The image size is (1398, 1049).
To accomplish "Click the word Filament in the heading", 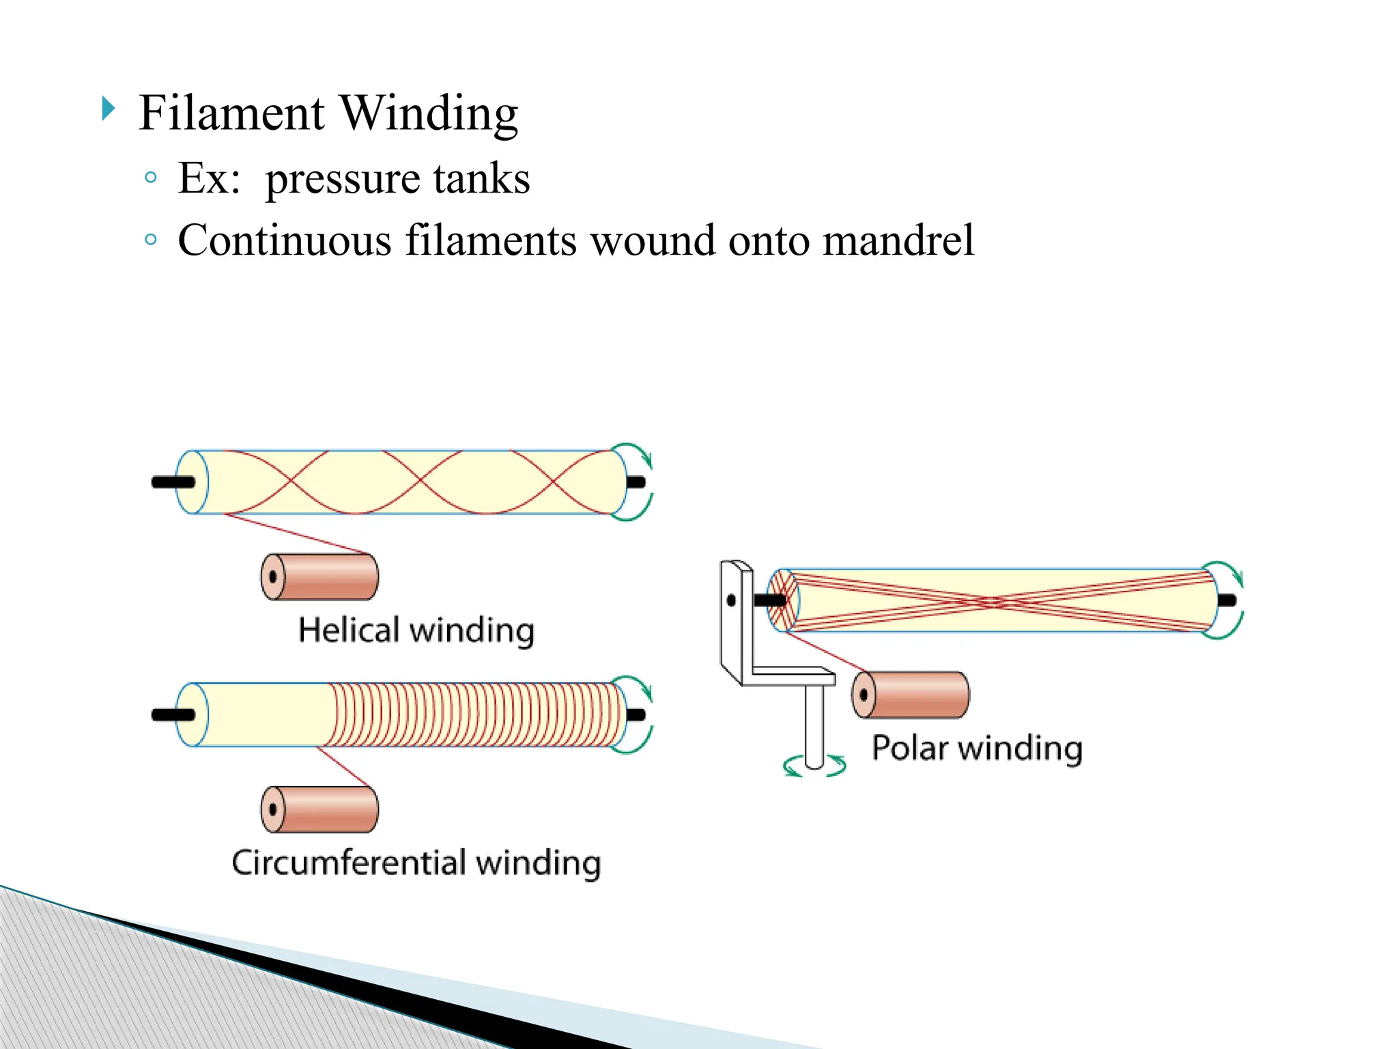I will tap(231, 113).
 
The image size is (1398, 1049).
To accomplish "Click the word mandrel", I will tap(898, 240).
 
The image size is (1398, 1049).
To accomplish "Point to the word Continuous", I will tap(285, 240).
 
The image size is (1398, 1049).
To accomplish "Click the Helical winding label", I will tap(416, 630).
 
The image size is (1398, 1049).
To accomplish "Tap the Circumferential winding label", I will tap(416, 863).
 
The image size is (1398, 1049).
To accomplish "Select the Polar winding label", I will tap(977, 748).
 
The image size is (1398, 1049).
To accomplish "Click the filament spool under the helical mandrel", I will tap(319, 577).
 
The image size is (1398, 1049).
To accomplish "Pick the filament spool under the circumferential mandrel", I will tap(319, 809).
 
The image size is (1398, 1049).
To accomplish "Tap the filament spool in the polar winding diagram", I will tap(911, 695).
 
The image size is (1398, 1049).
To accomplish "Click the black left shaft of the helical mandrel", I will tap(172, 482).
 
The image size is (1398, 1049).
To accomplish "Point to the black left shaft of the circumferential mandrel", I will tap(172, 715).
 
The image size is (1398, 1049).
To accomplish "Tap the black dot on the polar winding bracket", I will tap(731, 601).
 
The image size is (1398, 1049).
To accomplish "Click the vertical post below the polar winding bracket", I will tap(814, 724).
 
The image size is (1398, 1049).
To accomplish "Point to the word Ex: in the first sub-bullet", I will tap(209, 179).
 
